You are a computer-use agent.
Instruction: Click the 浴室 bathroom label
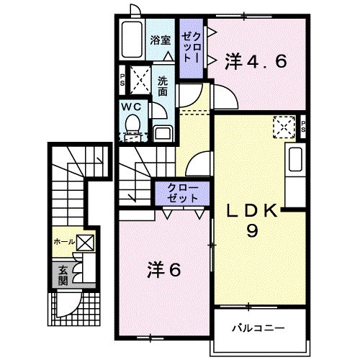click(x=161, y=40)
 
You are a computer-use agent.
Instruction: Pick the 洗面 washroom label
click(x=163, y=86)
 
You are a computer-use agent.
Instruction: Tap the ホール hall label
click(x=63, y=243)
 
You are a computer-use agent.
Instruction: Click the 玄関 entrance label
click(x=63, y=275)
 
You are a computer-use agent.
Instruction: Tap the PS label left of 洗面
click(x=122, y=78)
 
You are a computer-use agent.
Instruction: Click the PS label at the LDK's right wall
click(x=304, y=127)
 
